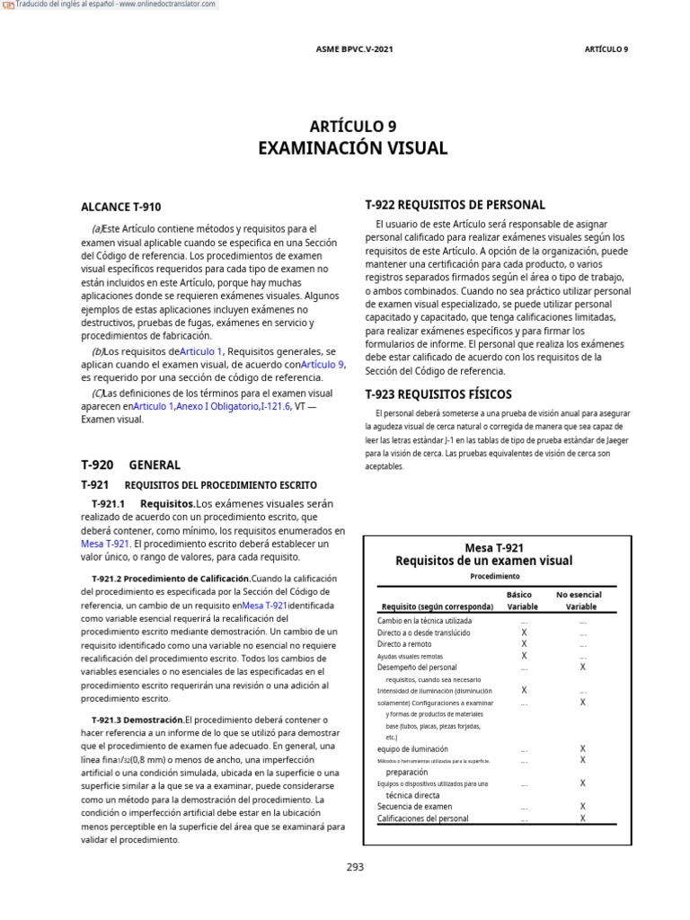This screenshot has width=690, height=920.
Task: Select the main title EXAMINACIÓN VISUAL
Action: pyautogui.click(x=352, y=148)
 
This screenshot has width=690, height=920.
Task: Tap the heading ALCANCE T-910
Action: pyautogui.click(x=121, y=207)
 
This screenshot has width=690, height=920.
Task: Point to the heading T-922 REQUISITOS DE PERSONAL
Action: pyautogui.click(x=455, y=205)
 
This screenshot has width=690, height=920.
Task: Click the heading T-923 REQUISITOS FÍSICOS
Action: pyautogui.click(x=438, y=394)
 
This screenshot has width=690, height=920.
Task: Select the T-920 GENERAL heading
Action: pyautogui.click(x=130, y=464)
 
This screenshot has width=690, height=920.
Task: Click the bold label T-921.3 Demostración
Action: pyautogui.click(x=137, y=720)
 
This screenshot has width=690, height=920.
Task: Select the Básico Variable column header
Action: pyautogui.click(x=523, y=600)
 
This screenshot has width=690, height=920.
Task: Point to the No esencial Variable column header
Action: pyautogui.click(x=580, y=600)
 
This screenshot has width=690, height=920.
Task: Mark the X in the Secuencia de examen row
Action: pyautogui.click(x=582, y=807)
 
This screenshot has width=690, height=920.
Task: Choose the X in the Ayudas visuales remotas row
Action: pyautogui.click(x=524, y=656)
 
